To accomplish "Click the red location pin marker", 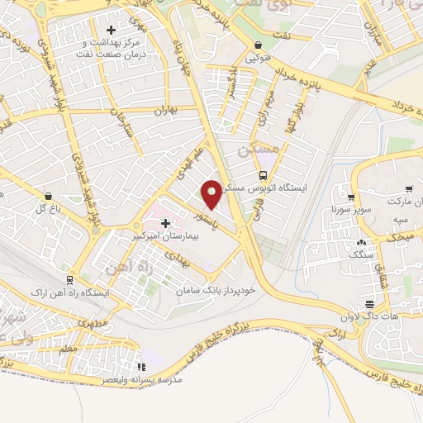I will (x=211, y=194).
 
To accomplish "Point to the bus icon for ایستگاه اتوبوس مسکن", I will (x=263, y=175).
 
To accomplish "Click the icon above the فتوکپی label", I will (x=259, y=45).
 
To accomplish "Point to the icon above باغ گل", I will (x=50, y=197).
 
